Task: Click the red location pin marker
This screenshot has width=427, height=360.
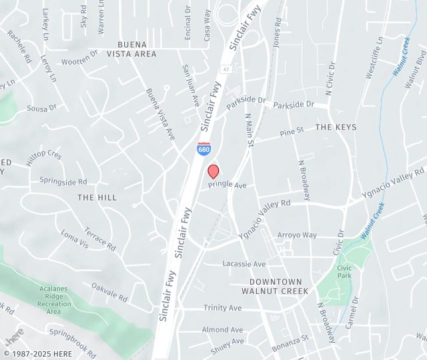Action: click(213, 171)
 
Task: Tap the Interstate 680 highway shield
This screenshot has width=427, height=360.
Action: click(204, 149)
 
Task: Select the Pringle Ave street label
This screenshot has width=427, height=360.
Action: click(228, 185)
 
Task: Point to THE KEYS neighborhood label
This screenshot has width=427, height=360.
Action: click(336, 127)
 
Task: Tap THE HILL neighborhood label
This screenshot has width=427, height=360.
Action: click(97, 197)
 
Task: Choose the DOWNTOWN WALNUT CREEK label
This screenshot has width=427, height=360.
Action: click(275, 286)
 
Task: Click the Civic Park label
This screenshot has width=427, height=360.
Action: click(344, 271)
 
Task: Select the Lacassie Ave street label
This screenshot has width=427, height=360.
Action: click(244, 264)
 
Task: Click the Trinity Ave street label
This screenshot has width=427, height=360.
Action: click(223, 308)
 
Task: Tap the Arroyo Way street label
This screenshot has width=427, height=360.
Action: click(297, 235)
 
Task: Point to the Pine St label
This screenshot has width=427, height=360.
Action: click(292, 132)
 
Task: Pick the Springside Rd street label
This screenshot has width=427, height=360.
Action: click(63, 181)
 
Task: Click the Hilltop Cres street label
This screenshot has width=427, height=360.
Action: click(43, 155)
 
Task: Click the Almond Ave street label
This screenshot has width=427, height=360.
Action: click(223, 329)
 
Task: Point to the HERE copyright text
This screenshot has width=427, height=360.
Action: click(41, 353)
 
